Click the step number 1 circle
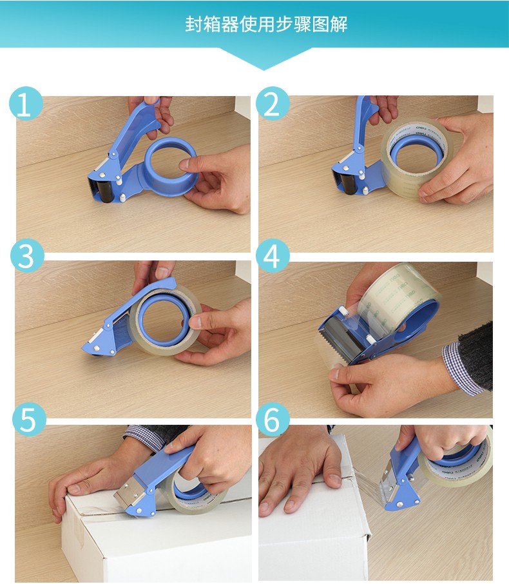pyautogui.click(x=26, y=103)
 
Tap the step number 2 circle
pyautogui.click(x=273, y=103)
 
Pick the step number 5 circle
pyautogui.click(x=29, y=419)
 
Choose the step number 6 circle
pyautogui.click(x=273, y=419)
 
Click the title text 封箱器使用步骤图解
pyautogui.click(x=266, y=24)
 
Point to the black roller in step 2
pyautogui.click(x=349, y=183)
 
